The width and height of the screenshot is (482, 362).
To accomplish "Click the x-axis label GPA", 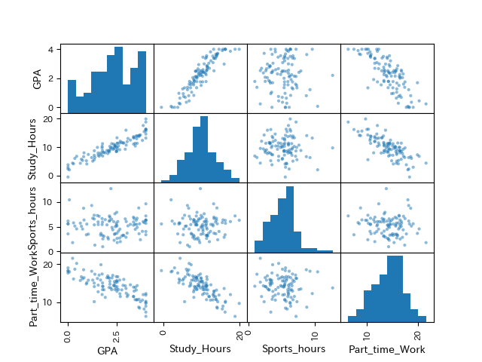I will [x=106, y=350].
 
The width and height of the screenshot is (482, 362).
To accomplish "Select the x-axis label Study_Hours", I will [x=200, y=350].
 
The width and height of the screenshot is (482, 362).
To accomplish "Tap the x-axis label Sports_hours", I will [x=293, y=350].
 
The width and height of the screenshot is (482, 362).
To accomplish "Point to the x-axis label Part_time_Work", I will [x=386, y=350].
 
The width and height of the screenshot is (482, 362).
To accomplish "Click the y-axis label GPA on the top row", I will [x=37, y=78].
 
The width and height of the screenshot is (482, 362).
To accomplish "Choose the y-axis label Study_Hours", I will [x=37, y=148].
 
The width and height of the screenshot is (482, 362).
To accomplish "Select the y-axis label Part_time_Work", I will [x=37, y=287].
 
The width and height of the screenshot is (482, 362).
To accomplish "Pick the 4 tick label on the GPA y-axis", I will [x=52, y=50].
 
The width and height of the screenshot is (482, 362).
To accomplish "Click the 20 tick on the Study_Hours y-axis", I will [x=50, y=118].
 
